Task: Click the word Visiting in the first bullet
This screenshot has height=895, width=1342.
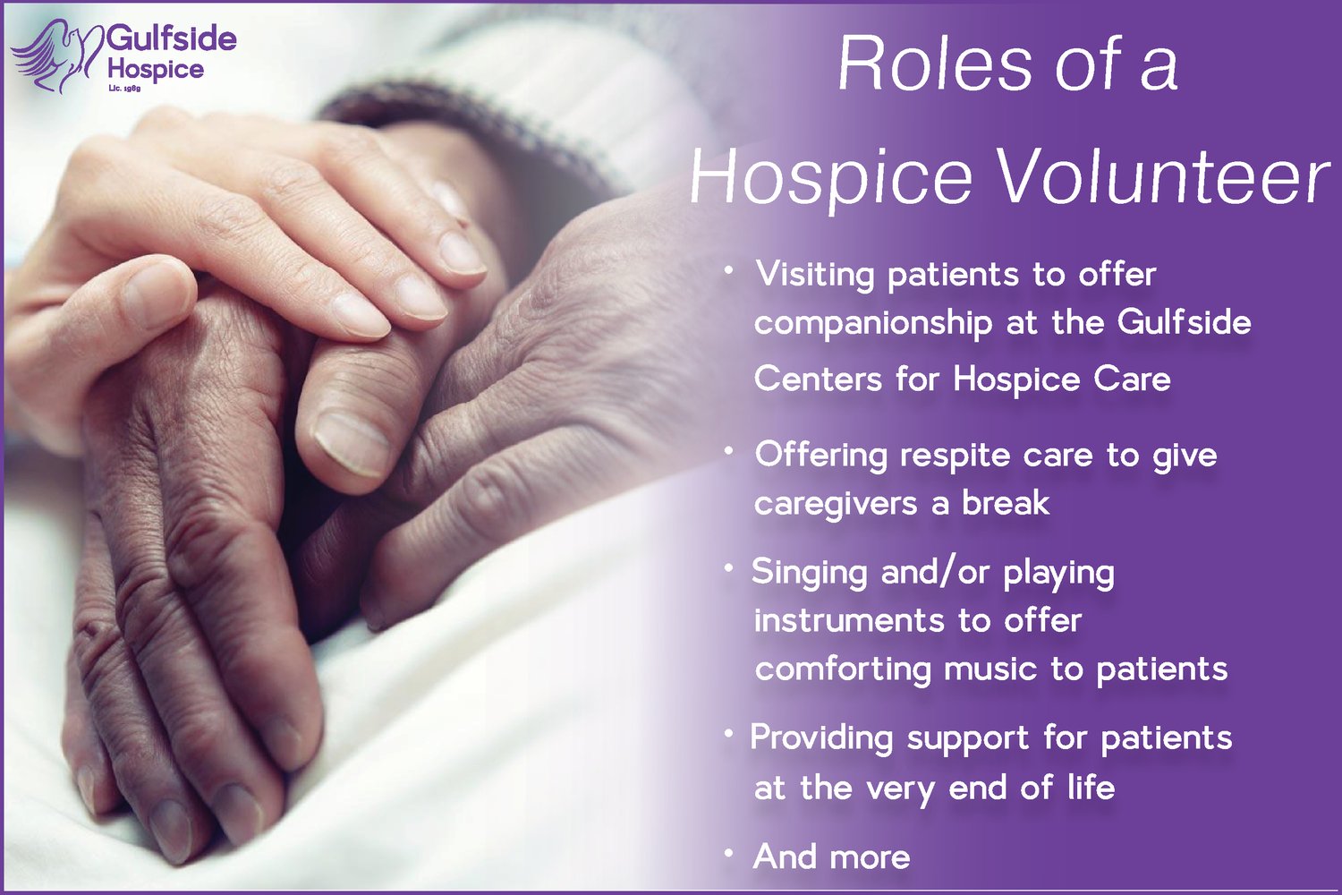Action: tap(814, 274)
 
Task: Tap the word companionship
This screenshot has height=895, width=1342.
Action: tap(873, 323)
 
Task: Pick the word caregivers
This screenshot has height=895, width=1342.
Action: tap(836, 504)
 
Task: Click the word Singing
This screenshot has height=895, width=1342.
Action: tap(809, 573)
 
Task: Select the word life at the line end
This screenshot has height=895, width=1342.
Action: tap(1091, 788)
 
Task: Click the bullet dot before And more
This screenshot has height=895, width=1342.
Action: tap(730, 854)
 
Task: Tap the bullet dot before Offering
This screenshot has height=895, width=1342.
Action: tap(730, 452)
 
